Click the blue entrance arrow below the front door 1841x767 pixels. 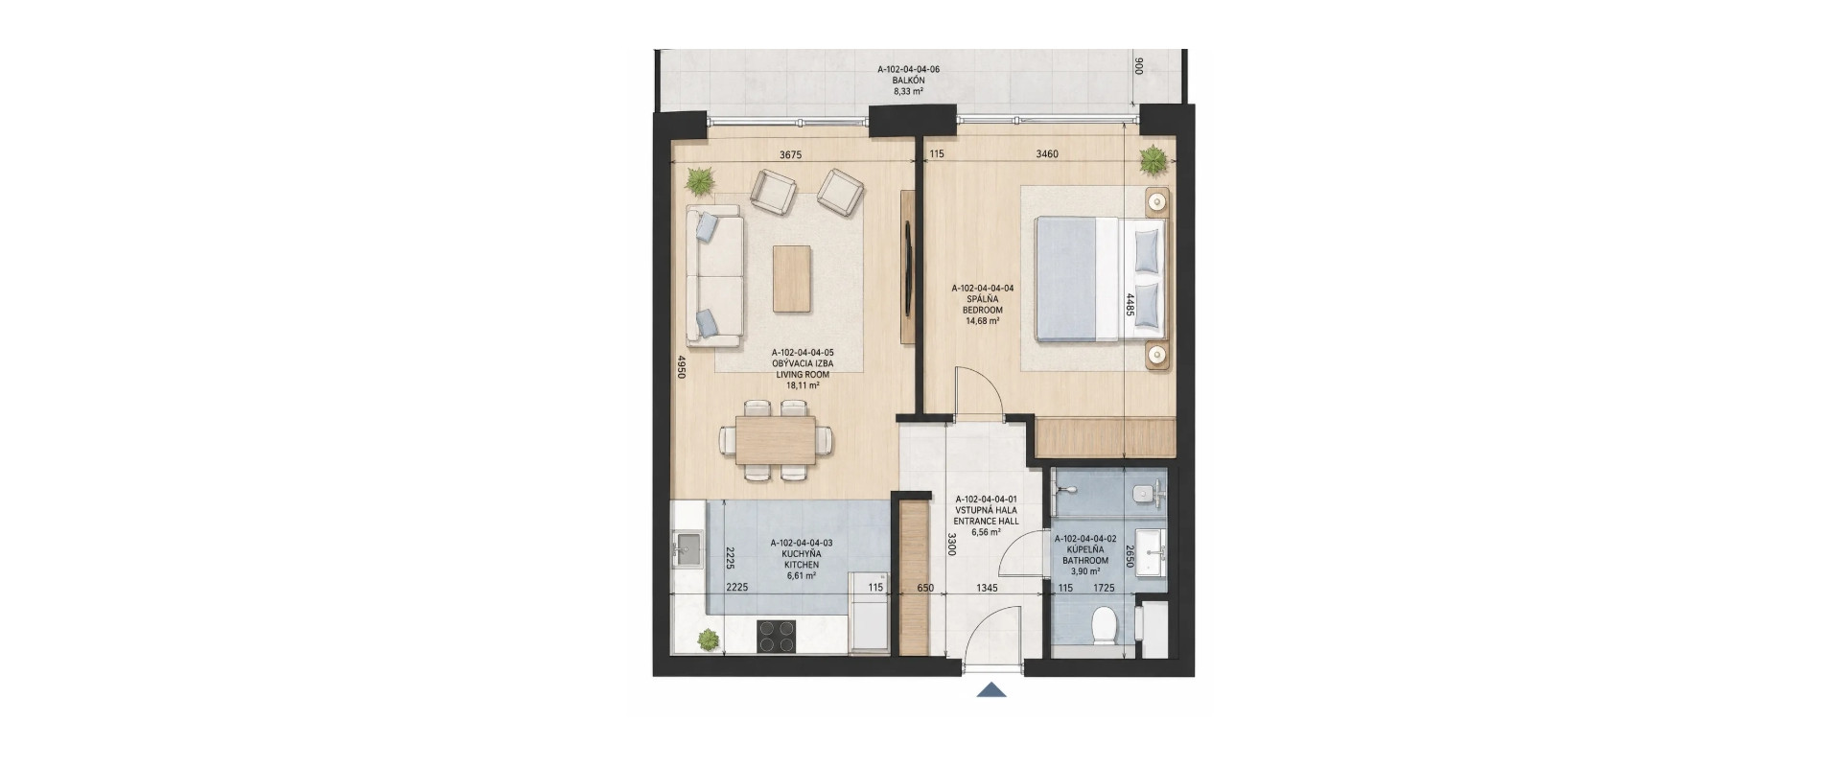click(x=991, y=688)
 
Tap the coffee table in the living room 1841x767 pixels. click(x=792, y=278)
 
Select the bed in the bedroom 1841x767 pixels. click(x=1102, y=279)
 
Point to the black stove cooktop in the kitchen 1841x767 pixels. click(x=777, y=637)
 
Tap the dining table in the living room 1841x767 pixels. click(x=776, y=440)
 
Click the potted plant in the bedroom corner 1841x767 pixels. click(x=1153, y=161)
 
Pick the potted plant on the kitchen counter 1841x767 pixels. click(x=708, y=639)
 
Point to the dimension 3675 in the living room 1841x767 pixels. click(x=789, y=154)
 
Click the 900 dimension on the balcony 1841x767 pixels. click(x=1138, y=66)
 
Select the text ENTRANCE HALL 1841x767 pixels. click(x=987, y=522)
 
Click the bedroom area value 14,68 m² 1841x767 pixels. click(x=983, y=322)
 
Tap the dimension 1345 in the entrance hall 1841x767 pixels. click(x=987, y=588)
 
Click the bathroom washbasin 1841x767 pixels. click(x=1152, y=552)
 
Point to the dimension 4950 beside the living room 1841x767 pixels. click(x=682, y=368)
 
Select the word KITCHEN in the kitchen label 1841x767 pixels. click(x=802, y=565)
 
